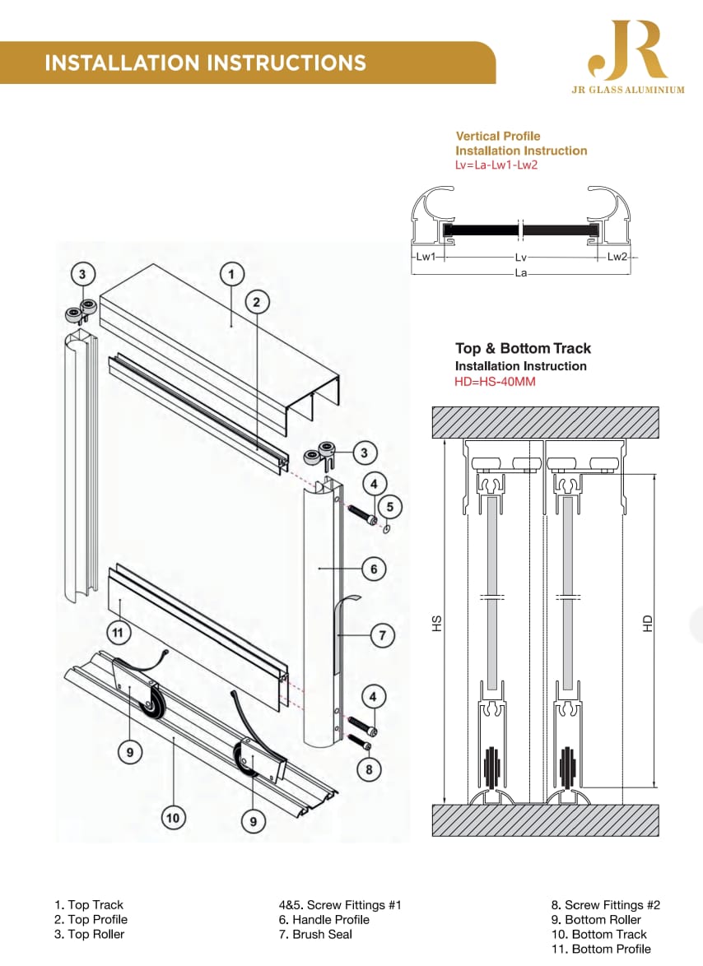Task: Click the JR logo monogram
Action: point(627,50)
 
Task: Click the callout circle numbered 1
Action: point(231,274)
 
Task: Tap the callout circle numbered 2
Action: point(257,302)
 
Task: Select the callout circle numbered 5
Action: point(390,507)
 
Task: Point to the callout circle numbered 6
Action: point(374,569)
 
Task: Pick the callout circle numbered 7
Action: point(382,635)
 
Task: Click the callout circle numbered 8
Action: point(369,769)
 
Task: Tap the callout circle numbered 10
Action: point(173,818)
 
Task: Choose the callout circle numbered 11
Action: point(118,633)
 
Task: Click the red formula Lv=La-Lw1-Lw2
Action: point(496,165)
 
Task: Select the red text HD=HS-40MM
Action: point(495,381)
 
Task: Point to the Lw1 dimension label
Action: point(426,256)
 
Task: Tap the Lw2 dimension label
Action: point(617,256)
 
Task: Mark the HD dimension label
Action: point(647,623)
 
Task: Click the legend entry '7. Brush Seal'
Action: point(315,935)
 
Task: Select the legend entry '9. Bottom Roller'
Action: point(597,920)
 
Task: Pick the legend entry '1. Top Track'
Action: point(89,905)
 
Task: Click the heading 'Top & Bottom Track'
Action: point(523,349)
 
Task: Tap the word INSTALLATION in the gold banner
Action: point(122,63)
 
